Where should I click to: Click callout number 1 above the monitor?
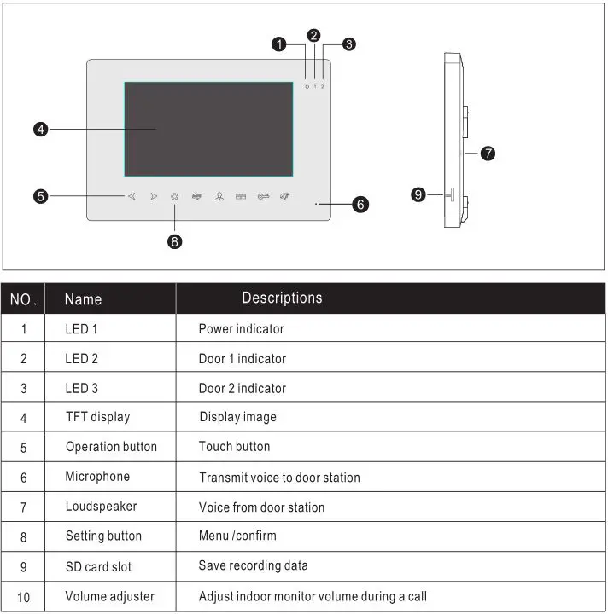279,44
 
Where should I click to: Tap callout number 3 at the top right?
349,43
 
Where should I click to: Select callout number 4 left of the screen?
40,130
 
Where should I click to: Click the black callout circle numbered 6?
360,205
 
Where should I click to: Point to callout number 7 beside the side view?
488,153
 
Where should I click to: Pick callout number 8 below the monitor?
175,241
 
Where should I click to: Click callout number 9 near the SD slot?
418,194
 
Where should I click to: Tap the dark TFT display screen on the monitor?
208,129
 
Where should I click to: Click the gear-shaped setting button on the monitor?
175,196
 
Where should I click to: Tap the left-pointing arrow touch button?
132,196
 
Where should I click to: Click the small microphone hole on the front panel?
316,205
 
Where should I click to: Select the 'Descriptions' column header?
282,298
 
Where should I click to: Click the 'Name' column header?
83,299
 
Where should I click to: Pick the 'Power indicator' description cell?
241,328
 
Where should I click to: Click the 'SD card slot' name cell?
98,566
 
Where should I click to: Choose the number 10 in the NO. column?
23,597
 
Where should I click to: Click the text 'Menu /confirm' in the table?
237,536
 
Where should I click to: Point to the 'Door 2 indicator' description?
243,388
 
